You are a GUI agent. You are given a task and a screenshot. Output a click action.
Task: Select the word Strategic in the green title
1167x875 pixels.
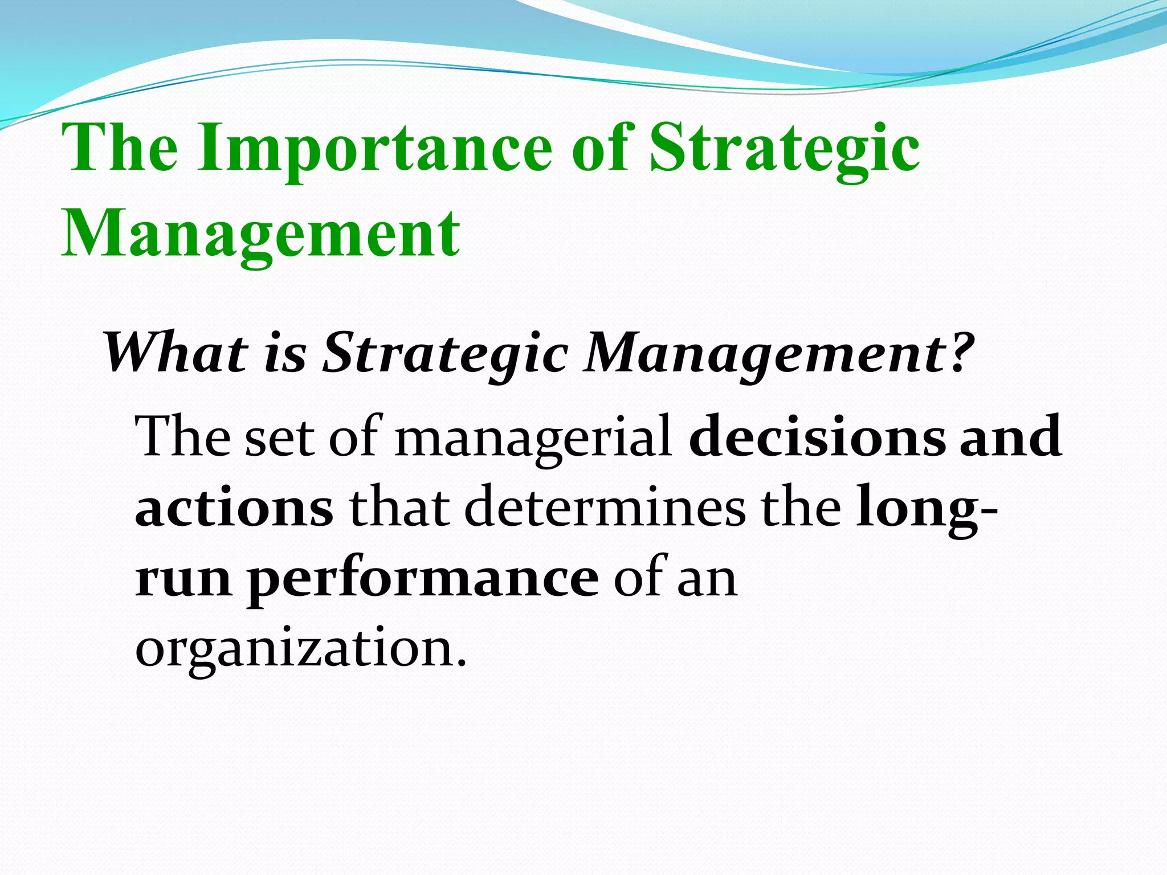point(785,149)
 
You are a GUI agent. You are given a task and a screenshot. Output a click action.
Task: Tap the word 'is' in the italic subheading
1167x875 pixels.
point(285,354)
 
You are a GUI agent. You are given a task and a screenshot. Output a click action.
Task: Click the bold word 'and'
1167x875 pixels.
point(1010,436)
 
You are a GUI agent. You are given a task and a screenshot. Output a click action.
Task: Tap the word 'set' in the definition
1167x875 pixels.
point(279,437)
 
